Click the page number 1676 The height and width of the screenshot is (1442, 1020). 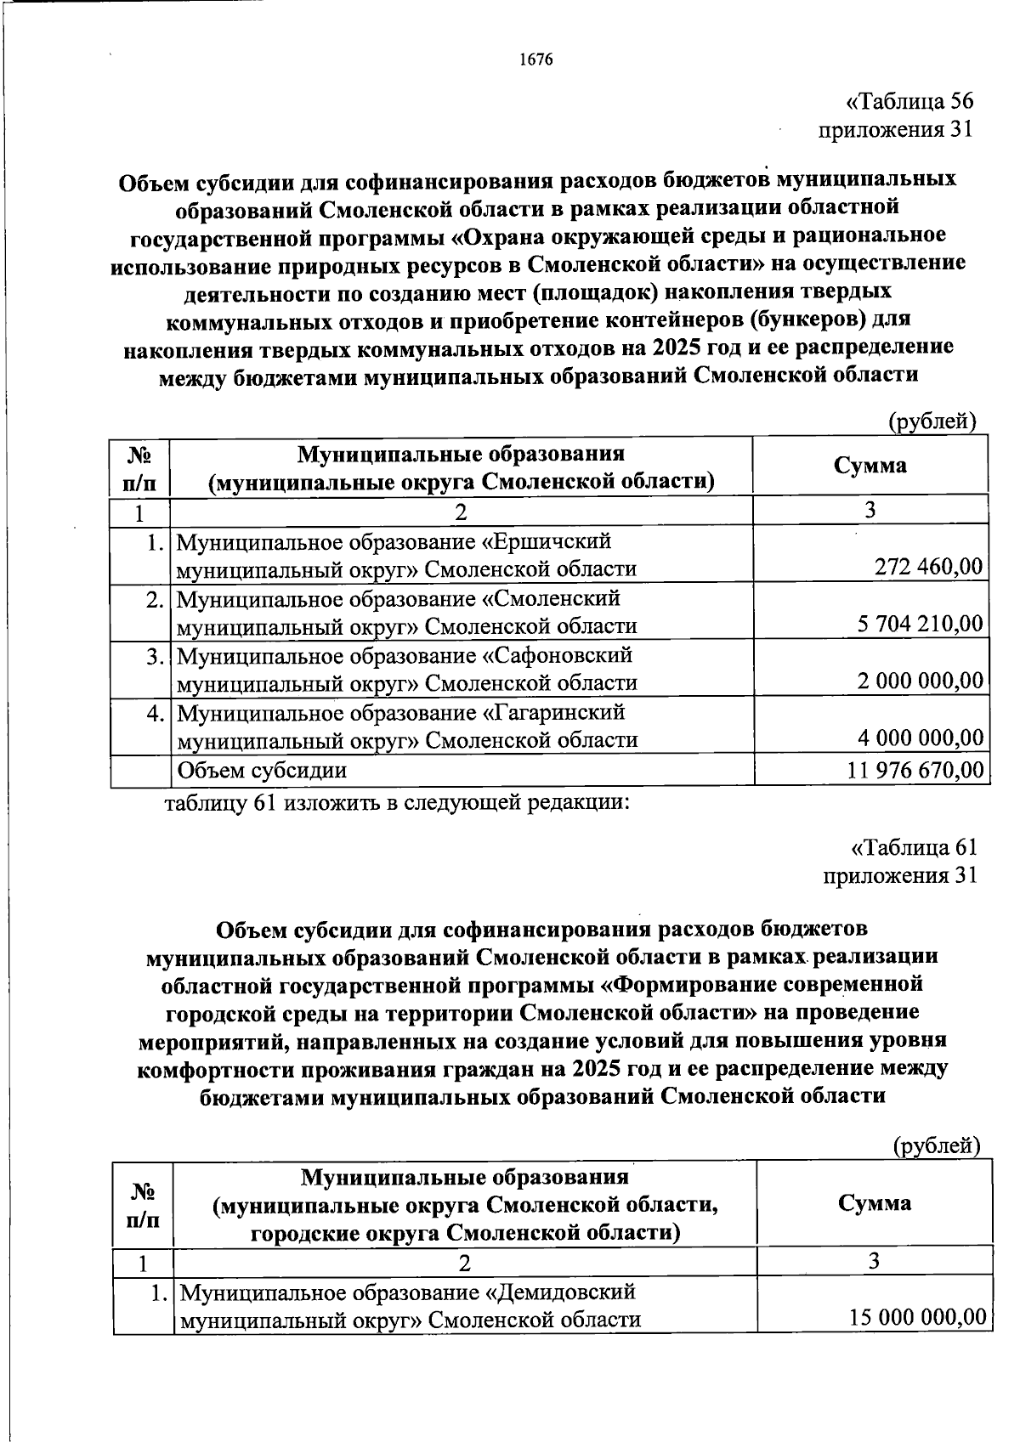click(x=535, y=59)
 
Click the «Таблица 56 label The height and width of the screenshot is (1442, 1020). click(x=909, y=102)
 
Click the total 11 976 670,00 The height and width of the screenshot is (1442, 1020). click(x=915, y=770)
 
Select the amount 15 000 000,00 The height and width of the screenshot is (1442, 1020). click(x=917, y=1317)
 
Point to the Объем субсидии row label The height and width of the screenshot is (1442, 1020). click(x=261, y=770)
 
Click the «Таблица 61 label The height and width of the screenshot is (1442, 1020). click(x=914, y=847)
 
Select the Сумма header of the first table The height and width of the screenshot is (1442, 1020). click(x=870, y=465)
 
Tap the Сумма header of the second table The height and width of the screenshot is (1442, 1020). click(x=874, y=1202)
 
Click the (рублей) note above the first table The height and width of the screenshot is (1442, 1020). click(x=932, y=421)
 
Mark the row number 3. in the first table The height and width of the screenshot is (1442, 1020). click(x=153, y=656)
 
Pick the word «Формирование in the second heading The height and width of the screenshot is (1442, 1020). click(x=682, y=984)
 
